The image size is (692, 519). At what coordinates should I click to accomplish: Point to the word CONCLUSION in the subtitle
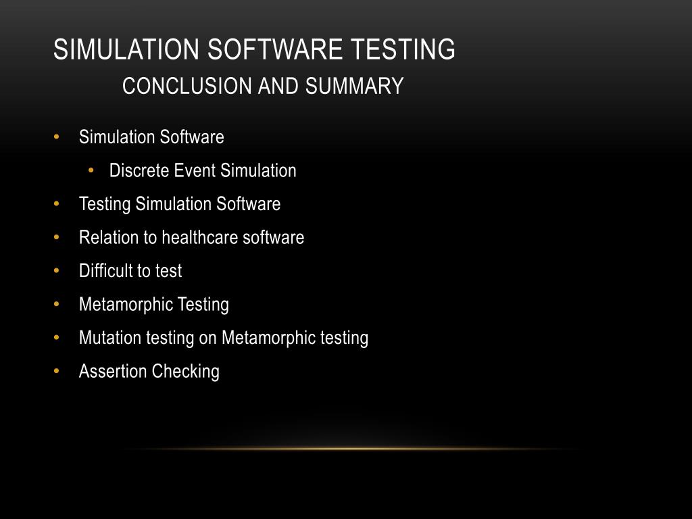[178, 86]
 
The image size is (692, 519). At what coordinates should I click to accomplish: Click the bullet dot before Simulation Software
[57, 137]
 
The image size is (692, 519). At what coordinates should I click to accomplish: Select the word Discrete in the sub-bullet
[139, 170]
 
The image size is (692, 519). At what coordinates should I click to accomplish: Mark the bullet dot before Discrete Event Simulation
[91, 170]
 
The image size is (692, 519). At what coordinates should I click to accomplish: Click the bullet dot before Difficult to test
[57, 271]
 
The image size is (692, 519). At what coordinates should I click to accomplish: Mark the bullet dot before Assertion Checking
[57, 371]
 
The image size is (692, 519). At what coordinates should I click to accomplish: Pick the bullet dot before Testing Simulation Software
[57, 204]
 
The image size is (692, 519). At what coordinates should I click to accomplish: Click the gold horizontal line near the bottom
[351, 449]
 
